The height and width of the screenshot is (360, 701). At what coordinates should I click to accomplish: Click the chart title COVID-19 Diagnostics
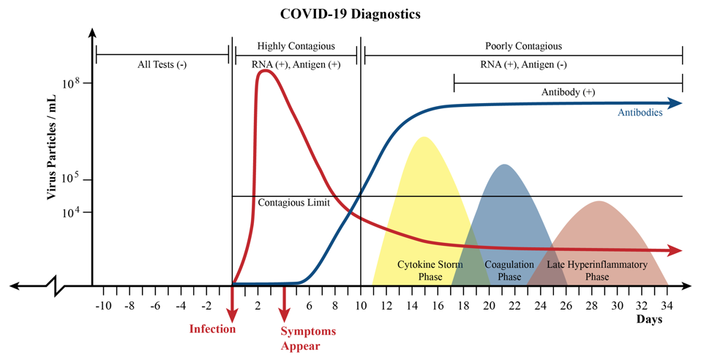350,14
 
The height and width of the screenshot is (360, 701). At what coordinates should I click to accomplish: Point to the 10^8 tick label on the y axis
70,83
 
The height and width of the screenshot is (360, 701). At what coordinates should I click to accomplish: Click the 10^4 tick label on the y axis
70,213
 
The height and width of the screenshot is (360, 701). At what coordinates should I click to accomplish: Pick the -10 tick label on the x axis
103,304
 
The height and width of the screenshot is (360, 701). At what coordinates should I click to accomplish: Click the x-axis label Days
648,320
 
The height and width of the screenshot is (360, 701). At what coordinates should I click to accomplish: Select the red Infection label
213,329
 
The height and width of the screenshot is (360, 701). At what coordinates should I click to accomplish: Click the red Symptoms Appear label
308,338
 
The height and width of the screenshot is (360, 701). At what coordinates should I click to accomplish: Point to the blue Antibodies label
640,113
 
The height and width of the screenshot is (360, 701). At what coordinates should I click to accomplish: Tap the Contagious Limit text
293,203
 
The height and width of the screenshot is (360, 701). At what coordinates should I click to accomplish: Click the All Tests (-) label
162,64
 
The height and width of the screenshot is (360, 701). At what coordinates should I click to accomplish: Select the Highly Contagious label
296,46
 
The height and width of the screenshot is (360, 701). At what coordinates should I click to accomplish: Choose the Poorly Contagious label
523,46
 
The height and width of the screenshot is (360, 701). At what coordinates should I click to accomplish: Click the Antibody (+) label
568,93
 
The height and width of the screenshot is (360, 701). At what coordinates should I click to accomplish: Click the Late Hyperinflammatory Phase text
597,270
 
